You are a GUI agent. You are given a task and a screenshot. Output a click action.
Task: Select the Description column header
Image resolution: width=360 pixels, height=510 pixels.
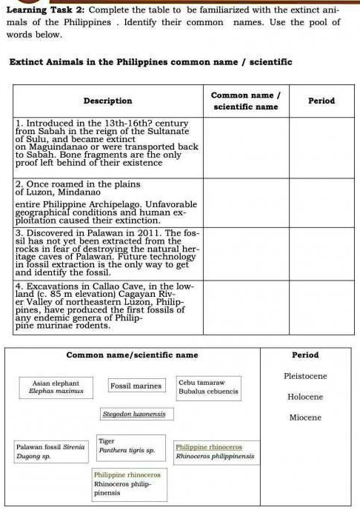coord(108,101)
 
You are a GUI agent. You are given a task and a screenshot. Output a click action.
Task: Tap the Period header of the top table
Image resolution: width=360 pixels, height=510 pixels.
coord(321,101)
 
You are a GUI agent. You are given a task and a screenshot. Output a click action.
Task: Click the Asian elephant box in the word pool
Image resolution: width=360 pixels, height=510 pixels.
coord(56,386)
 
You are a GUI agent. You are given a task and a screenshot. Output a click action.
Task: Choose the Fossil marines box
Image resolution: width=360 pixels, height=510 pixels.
coord(136,386)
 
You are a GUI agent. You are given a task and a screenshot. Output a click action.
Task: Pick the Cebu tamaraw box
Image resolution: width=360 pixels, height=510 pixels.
coord(207,386)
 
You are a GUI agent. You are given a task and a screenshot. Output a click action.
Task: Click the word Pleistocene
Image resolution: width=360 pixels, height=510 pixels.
coord(305,376)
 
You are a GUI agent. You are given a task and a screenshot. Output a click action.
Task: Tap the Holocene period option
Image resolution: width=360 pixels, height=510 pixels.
coord(305,397)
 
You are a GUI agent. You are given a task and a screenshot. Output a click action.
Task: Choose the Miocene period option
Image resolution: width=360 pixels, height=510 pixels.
coord(305,417)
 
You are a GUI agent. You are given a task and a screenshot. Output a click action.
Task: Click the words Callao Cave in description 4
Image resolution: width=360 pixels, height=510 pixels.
coord(101,285)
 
